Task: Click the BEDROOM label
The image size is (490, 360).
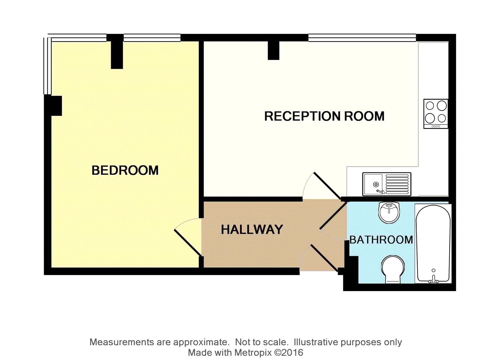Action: pos(125,170)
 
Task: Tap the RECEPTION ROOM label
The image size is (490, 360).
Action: pos(324,116)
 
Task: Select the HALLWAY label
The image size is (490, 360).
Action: pos(252,229)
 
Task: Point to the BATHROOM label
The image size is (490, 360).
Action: pos(381,240)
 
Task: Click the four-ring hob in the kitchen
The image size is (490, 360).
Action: pos(436,114)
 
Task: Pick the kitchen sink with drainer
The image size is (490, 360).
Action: pos(387,184)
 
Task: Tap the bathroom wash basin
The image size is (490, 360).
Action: pos(389,212)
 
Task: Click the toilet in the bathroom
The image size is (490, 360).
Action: pos(392,270)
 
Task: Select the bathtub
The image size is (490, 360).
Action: pos(433,243)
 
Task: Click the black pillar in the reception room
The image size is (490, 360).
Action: pos(273,51)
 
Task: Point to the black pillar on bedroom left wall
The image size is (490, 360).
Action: pos(55,106)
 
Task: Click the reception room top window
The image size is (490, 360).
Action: pos(362,38)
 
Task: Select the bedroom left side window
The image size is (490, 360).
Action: pos(47,65)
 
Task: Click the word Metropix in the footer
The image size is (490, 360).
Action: pos(253,352)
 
